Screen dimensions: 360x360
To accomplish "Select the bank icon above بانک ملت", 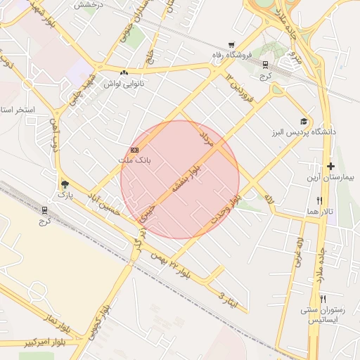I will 134,150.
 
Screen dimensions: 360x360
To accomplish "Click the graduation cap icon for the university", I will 304,122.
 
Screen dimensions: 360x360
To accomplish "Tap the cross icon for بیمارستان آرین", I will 330,166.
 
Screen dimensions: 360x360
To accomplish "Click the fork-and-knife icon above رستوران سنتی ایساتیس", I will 323,299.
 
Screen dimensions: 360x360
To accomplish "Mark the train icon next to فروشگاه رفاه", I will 265,64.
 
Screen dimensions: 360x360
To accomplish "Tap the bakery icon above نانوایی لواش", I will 124,72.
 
